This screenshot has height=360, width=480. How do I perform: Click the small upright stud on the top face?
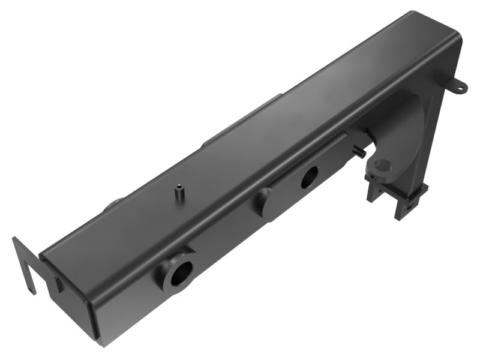tap(179, 194)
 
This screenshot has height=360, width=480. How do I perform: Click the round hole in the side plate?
tap(310, 176)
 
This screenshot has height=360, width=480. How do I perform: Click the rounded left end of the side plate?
tap(263, 202)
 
